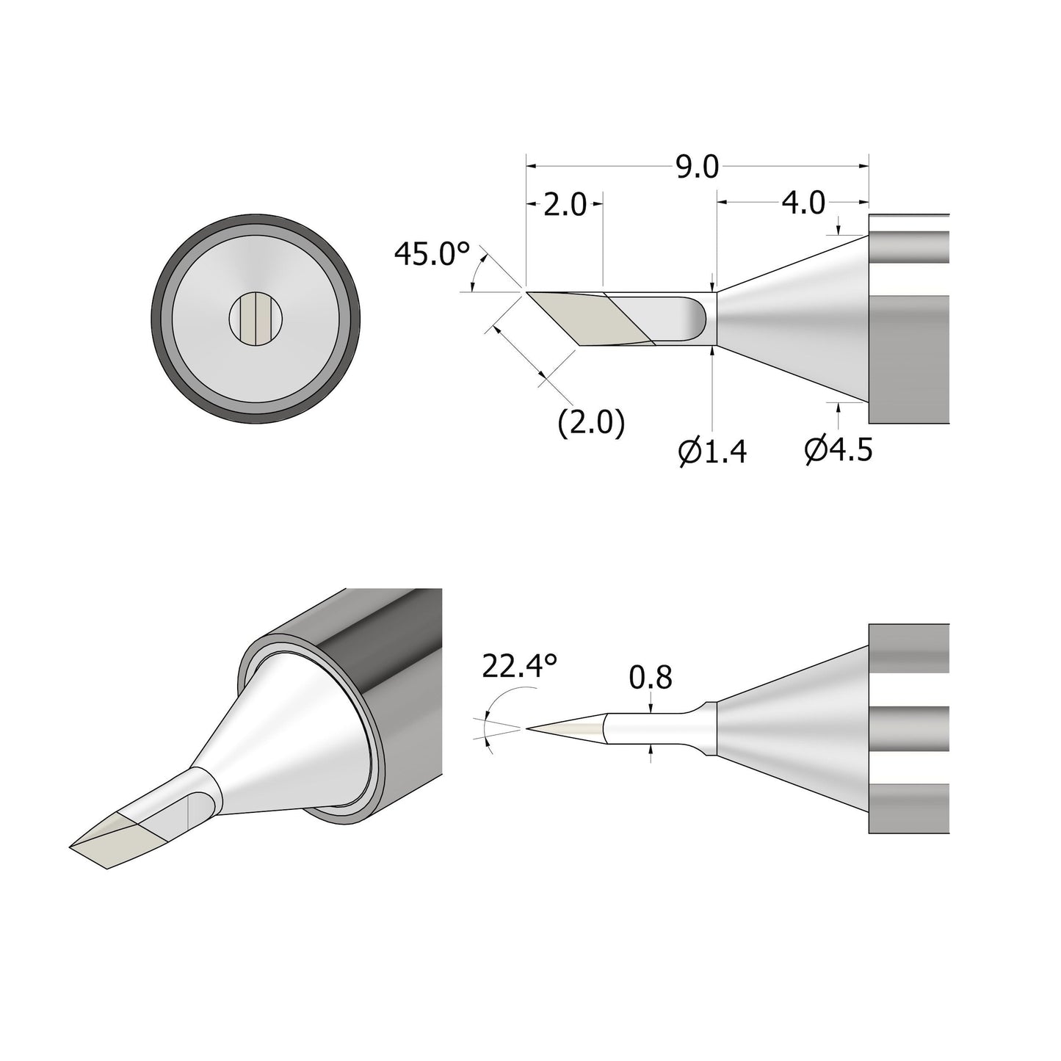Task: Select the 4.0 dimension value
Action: pos(803,202)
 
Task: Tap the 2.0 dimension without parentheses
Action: pos(565,205)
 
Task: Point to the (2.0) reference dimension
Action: pos(591,424)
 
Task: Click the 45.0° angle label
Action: pos(431,254)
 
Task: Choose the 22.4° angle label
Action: pos(520,667)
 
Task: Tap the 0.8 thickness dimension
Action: pos(651,678)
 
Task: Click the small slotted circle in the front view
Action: pos(256,319)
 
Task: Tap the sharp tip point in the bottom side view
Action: pos(527,728)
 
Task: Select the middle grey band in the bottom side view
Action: pos(909,728)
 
